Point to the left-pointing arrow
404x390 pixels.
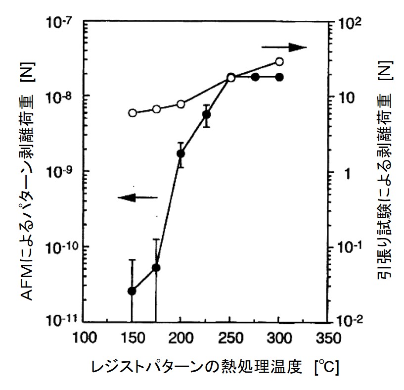[137, 197]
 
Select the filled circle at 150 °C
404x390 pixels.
[132, 291]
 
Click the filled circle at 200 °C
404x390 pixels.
[180, 153]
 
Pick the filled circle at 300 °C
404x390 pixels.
[279, 77]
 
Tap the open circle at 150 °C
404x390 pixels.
[132, 113]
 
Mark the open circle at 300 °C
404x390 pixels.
[279, 62]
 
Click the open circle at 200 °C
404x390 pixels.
[180, 104]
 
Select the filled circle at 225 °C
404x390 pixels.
[206, 115]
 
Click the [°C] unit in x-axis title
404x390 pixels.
[323, 368]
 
